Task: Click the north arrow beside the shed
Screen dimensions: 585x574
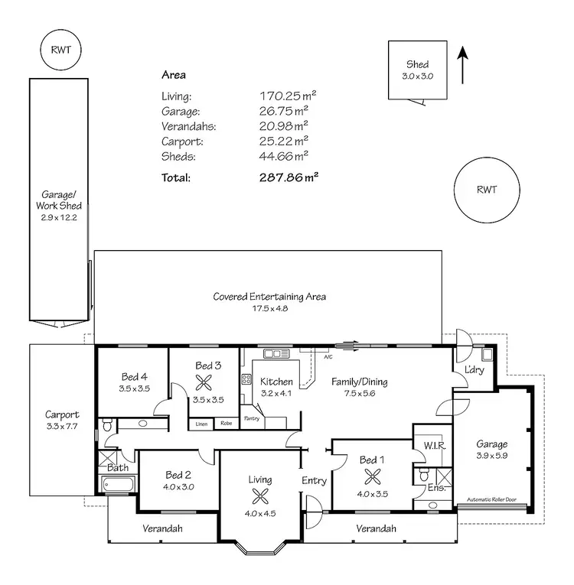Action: tap(461, 65)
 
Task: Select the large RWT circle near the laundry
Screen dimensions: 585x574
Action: tap(486, 190)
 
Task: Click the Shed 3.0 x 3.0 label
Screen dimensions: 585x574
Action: tap(418, 70)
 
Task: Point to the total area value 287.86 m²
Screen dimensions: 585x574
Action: tap(289, 177)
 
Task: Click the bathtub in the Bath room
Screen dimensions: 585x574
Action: tap(118, 484)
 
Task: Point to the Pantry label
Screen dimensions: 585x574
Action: tap(252, 418)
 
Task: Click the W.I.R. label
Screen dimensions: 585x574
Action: tap(425, 444)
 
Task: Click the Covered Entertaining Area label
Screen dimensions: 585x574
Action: tap(269, 302)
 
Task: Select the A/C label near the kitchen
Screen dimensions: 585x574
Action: tap(328, 357)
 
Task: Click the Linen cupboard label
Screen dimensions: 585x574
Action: tap(201, 423)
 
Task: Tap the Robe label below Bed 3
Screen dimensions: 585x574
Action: tap(227, 423)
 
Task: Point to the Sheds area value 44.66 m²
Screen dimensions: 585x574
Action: tap(284, 156)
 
